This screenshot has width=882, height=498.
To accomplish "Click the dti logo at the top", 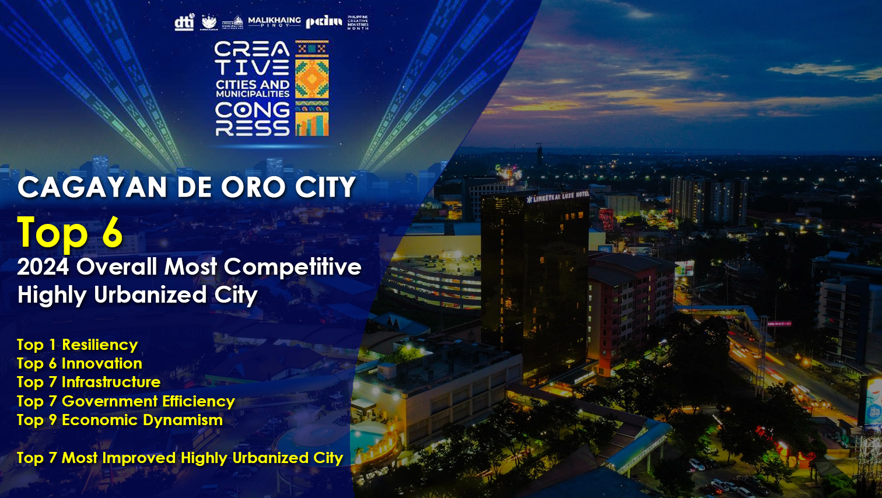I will (184, 23).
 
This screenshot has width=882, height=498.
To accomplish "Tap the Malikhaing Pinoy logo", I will (274, 22).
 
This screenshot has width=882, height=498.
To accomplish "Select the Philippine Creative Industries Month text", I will (358, 23).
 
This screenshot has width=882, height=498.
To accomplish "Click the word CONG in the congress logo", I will (252, 110).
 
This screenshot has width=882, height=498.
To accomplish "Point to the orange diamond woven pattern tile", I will (312, 79).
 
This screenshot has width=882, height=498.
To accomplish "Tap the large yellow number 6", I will (112, 233).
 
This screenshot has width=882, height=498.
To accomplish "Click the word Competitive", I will (293, 267).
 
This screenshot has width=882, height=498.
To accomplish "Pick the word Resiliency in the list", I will (100, 345).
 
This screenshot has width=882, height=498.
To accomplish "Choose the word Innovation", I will (102, 364).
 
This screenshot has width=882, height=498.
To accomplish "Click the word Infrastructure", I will (111, 383).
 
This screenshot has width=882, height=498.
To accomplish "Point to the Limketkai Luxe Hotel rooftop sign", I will (558, 197).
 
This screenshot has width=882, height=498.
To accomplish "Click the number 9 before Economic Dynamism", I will (52, 420).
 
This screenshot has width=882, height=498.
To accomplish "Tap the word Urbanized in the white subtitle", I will (150, 295).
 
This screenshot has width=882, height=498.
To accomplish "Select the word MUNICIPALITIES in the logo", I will (253, 94).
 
